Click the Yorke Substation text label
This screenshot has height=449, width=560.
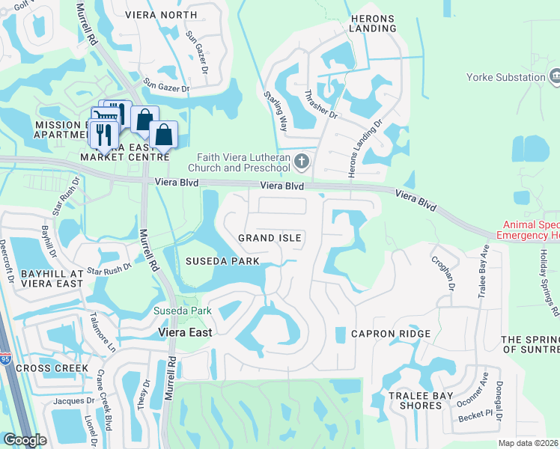(x=505, y=77)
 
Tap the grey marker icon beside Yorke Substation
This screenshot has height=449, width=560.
(x=555, y=76)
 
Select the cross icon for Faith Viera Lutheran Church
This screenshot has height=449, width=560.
(x=301, y=161)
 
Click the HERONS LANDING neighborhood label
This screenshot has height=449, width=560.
(x=372, y=22)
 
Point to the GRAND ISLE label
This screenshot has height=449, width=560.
(x=270, y=238)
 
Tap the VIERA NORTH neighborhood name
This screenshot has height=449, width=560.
(x=161, y=14)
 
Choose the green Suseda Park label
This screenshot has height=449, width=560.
(x=182, y=311)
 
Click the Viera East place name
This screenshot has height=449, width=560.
(x=184, y=332)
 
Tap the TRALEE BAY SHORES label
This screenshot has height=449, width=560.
(x=416, y=400)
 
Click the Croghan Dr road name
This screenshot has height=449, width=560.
(x=442, y=272)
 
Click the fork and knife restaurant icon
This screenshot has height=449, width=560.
(x=103, y=135)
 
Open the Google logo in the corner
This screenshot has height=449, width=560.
(x=25, y=440)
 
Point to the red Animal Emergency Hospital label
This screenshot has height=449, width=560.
(x=524, y=228)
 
